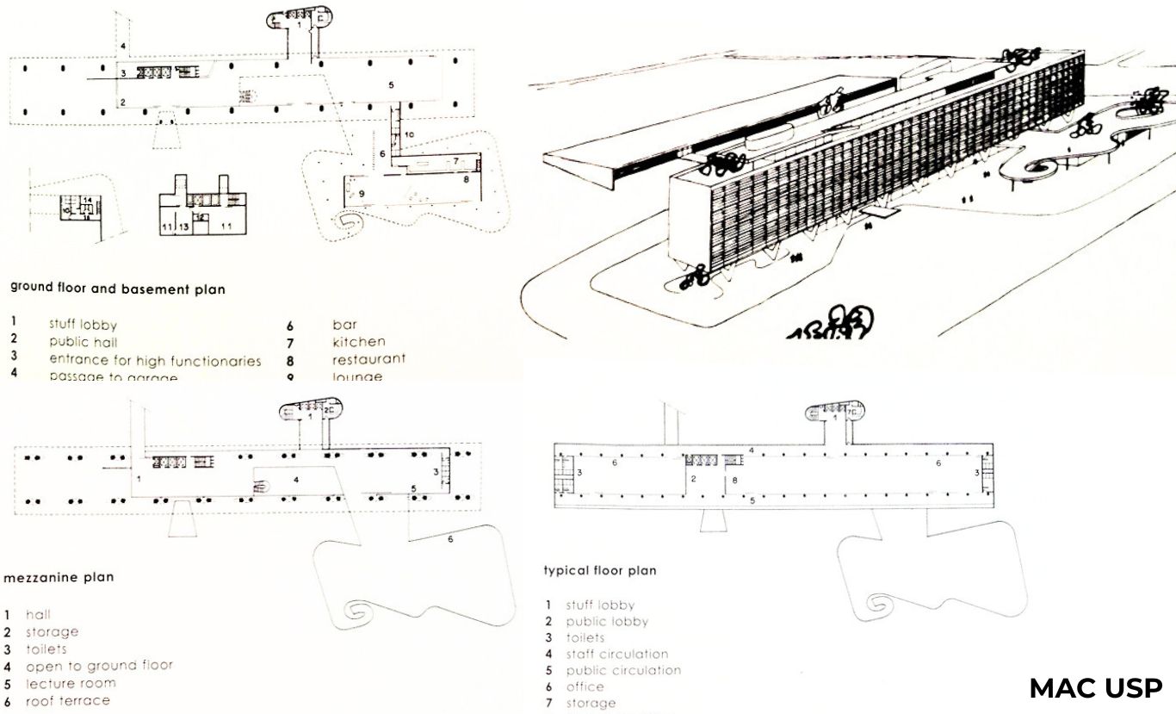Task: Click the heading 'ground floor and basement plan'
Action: coord(117,289)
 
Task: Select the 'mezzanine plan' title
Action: coord(59,577)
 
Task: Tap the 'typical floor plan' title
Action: coord(599,570)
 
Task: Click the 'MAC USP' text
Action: coord(1096,688)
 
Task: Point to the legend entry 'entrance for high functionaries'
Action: coord(155,360)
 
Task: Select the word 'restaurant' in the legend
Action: coord(368,358)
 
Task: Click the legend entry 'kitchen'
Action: coord(358,342)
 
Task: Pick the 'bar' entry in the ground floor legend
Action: coord(344,325)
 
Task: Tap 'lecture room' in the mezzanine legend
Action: coord(71,683)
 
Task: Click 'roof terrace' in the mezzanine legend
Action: coord(68,700)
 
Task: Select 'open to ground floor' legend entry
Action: coord(99,666)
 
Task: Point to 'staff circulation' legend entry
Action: coord(616,654)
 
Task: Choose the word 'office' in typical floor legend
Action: coord(585,686)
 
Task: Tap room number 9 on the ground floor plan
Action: coord(362,194)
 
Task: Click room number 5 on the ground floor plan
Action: coord(390,85)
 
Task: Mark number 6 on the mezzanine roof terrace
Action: coord(449,539)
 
